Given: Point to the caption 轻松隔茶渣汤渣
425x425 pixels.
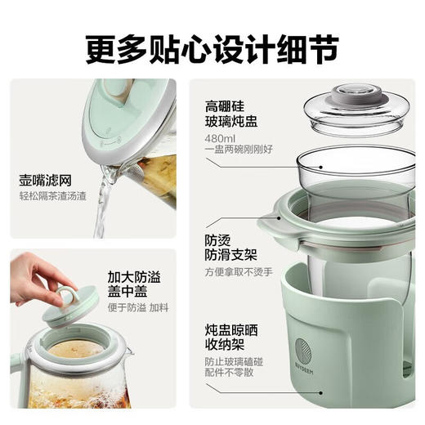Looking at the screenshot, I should (53, 197).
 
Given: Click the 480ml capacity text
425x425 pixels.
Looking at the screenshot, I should (218, 138).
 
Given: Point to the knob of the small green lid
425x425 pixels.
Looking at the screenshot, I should (66, 293).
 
